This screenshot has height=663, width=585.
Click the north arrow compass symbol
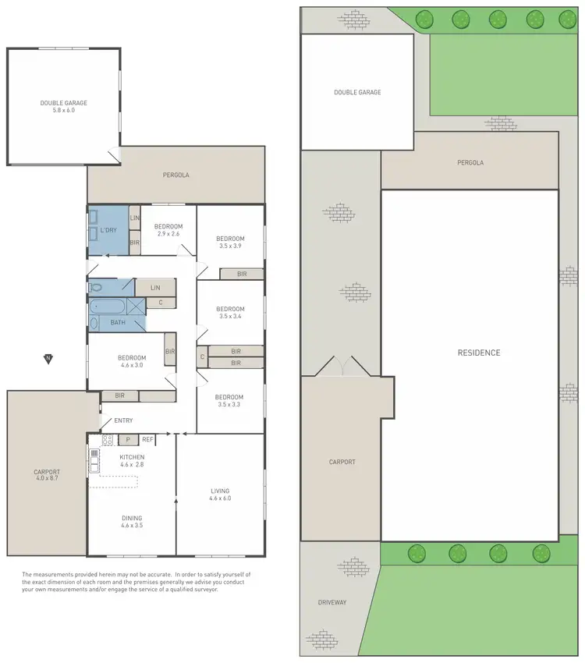coord(48,359)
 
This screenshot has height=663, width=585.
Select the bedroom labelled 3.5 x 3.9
coord(230,242)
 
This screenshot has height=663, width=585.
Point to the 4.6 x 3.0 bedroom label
coord(132,362)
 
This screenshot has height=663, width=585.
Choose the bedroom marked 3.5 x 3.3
coord(230,401)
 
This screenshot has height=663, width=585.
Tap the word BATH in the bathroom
coord(118,323)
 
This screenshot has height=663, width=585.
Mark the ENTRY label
coord(123,421)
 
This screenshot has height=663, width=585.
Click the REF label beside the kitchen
coord(147,440)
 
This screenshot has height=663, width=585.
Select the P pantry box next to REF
coord(127,440)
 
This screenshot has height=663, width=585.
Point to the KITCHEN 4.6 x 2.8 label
coord(132,460)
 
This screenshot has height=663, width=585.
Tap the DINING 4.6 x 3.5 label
coord(132,522)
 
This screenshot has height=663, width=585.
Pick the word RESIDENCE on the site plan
coord(478,353)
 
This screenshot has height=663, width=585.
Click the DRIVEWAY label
coord(331,602)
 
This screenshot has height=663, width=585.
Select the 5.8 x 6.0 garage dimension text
coord(64,111)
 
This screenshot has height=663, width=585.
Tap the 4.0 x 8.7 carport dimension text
coord(47,478)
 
